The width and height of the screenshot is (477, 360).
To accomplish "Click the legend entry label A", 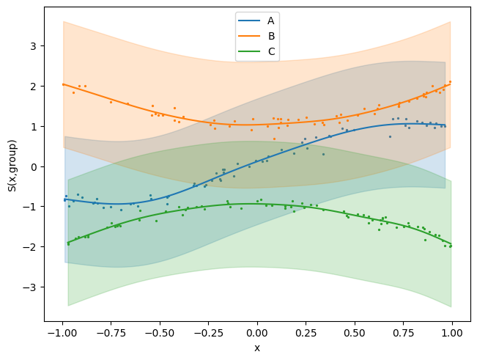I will tap(271, 21).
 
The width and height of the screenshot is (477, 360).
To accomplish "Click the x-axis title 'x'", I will tap(257, 348).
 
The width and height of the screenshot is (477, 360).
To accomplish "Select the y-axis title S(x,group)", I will tap(12, 166).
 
